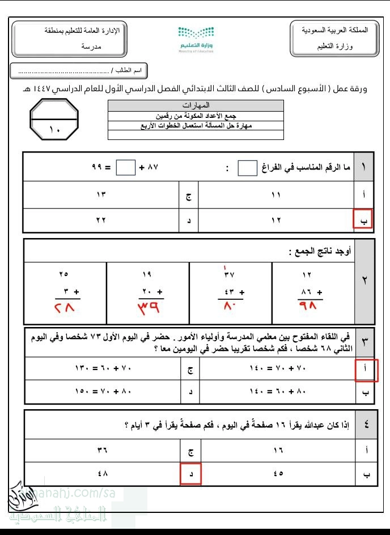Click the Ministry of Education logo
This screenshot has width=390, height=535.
tap(196, 39)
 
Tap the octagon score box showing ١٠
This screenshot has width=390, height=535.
tap(54, 120)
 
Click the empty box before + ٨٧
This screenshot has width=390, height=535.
tap(126, 168)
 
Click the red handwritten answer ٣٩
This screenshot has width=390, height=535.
tap(149, 308)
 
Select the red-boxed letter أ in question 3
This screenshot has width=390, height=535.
tap(365, 370)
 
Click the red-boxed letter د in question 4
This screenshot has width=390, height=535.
tap(190, 474)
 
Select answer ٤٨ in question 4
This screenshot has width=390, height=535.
tap(102, 474)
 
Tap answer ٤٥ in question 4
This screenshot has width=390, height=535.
tap(277, 474)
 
